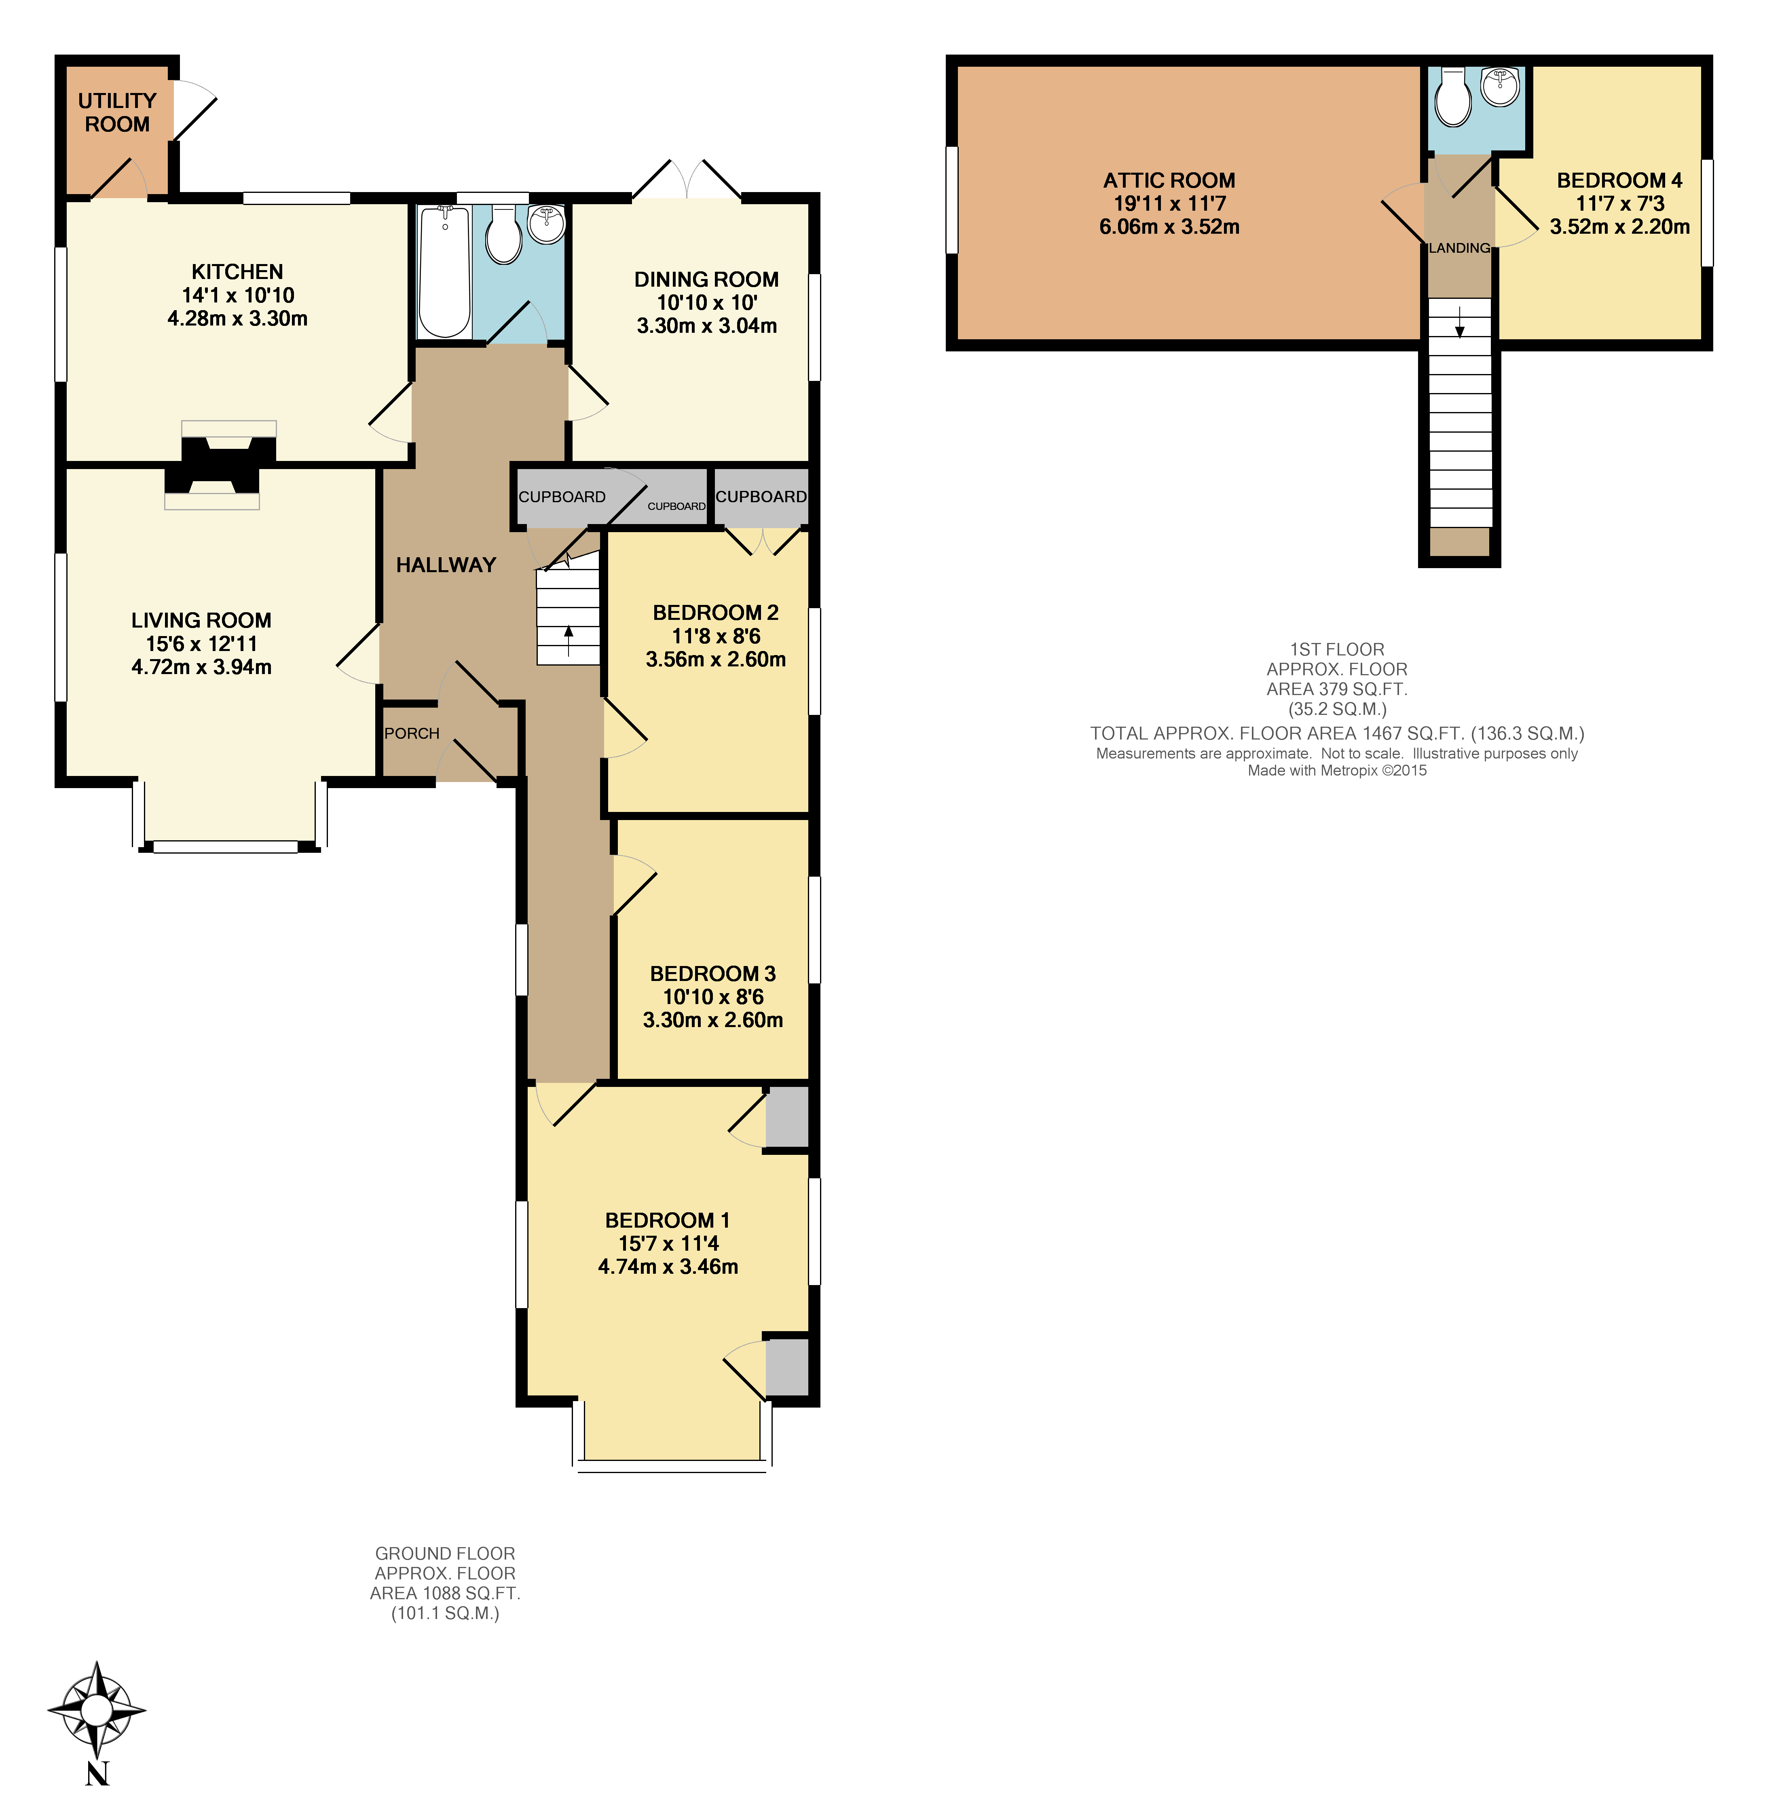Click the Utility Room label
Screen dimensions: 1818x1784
click(117, 112)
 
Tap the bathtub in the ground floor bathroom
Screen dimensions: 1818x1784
click(444, 272)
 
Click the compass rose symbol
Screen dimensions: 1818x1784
click(97, 1710)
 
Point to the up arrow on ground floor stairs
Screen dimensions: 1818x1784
click(568, 641)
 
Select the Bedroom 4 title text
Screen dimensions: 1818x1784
click(1619, 180)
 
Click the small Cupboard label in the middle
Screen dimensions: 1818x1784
click(676, 506)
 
